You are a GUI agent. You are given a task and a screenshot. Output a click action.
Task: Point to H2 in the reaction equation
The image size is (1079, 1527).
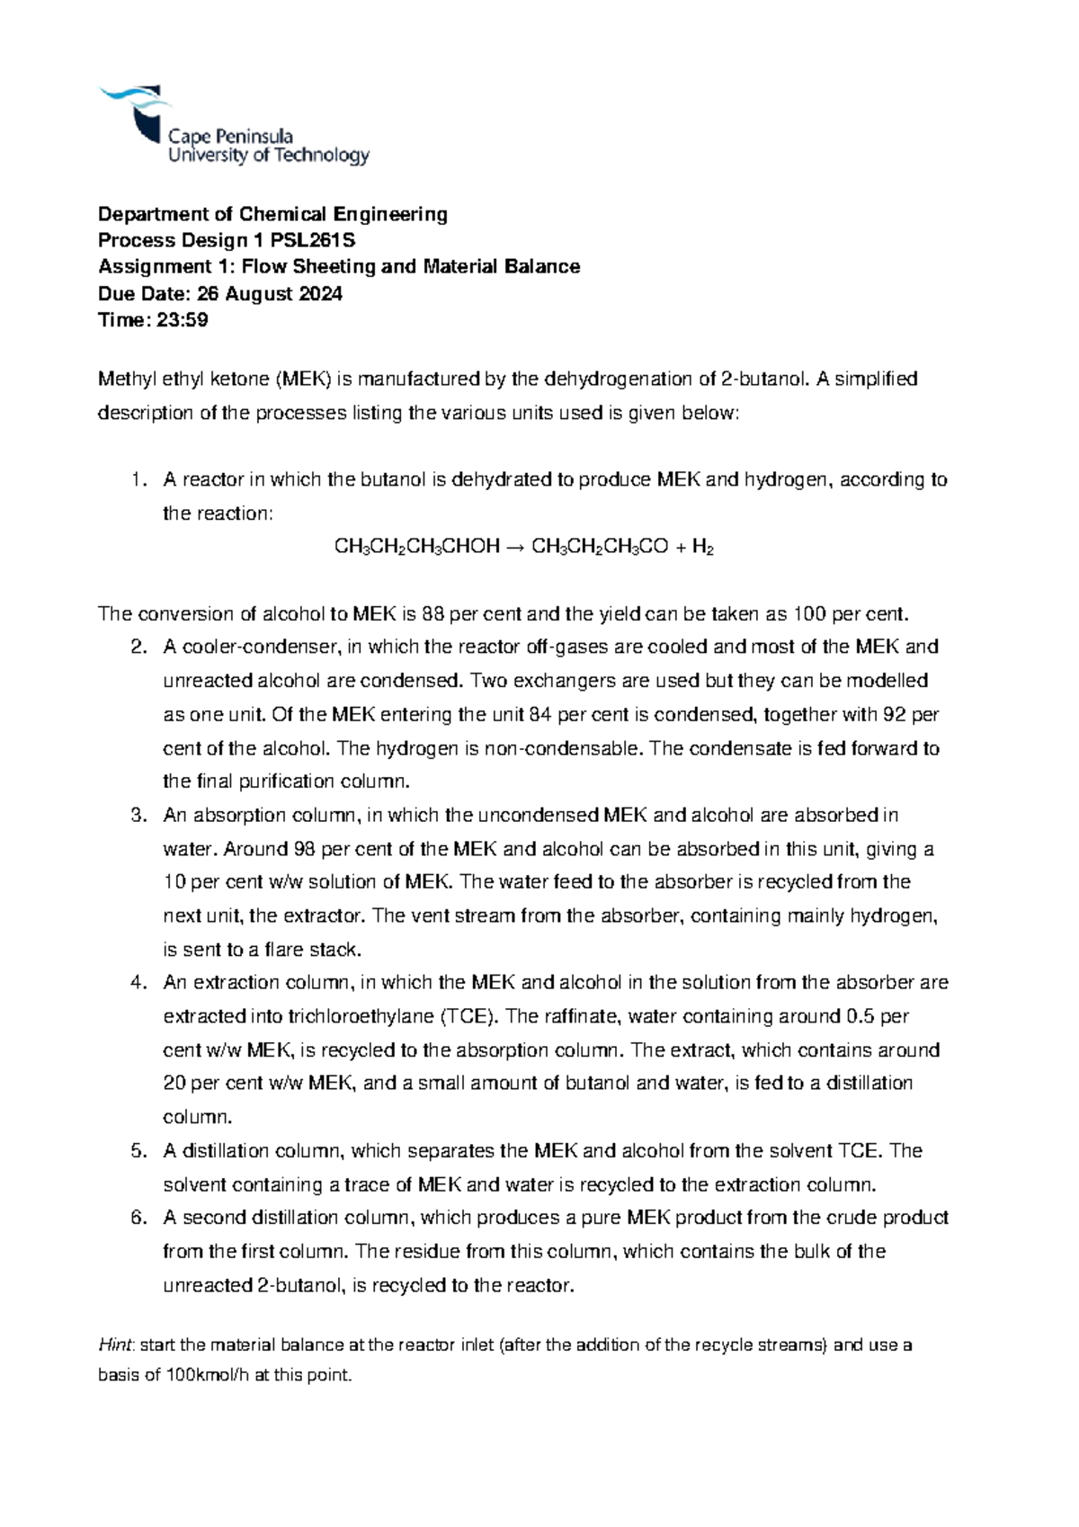[702, 548]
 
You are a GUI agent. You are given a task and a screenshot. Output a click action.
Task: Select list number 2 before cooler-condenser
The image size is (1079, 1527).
[138, 647]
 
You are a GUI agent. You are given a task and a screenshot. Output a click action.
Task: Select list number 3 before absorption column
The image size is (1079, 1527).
[138, 816]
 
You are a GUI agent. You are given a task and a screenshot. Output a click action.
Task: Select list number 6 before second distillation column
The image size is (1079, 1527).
[138, 1219]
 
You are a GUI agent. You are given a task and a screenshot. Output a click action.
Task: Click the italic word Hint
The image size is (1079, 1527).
[115, 1345]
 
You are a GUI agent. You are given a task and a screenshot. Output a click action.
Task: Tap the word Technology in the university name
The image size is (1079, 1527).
[321, 156]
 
